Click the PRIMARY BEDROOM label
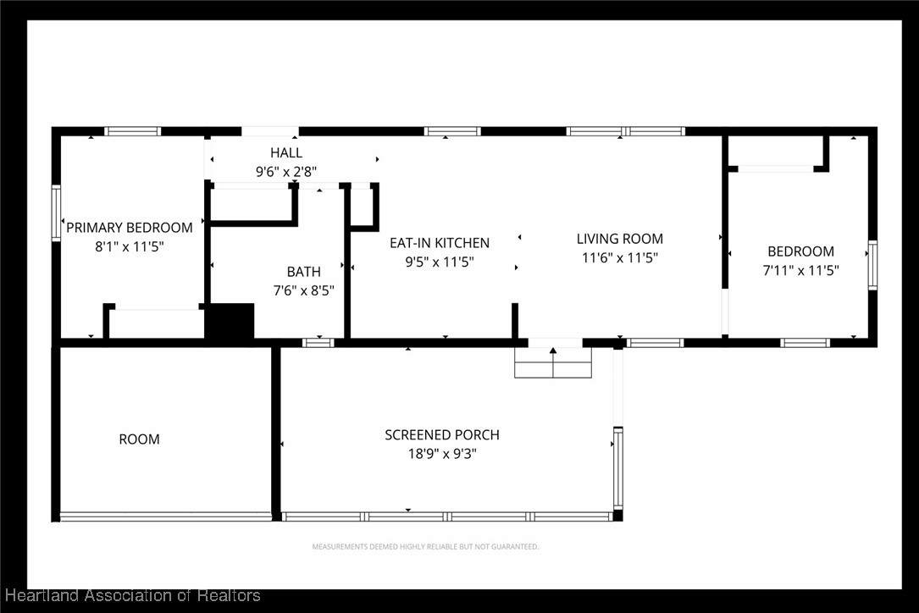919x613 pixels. pos(129,228)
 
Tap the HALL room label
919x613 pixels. pos(286,152)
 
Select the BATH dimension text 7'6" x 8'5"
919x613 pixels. pos(303,290)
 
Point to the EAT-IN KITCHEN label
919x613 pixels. pos(440,243)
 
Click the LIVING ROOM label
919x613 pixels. pos(619,239)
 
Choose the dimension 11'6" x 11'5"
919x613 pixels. pos(619,257)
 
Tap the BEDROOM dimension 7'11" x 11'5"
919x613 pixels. pos(800,270)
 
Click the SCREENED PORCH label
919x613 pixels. pos(442,435)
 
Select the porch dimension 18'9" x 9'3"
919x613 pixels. pos(442,454)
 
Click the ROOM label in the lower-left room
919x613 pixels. pos(139,439)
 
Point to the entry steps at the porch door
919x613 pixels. pos(553,362)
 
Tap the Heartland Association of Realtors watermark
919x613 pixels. pos(132,595)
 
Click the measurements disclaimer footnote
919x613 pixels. pos(425,547)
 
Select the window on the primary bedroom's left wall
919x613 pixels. pos(56,213)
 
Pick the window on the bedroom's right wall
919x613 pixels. pos(872,265)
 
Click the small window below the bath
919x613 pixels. pos(318,343)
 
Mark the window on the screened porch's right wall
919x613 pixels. pos(617,467)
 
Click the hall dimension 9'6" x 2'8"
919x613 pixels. pos(286,172)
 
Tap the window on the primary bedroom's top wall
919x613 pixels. pos(132,131)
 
